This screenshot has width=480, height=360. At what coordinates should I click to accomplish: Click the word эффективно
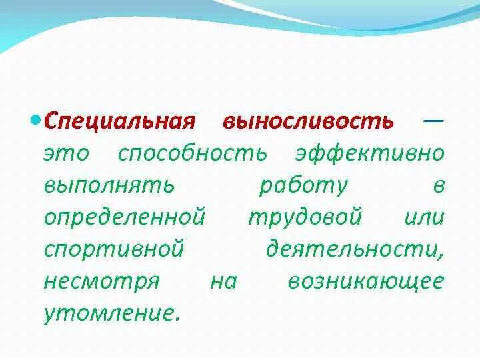point(369,154)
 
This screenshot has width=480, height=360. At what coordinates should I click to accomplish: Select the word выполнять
point(109,186)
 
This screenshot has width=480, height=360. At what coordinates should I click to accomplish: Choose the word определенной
point(123,217)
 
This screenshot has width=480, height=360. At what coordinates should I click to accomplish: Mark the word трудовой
point(305,217)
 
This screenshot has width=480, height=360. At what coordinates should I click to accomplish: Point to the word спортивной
point(113,249)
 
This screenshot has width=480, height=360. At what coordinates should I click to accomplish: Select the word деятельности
point(354,250)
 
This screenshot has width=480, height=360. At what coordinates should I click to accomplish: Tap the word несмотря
point(101,281)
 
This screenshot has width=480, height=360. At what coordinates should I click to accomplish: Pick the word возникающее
point(365,281)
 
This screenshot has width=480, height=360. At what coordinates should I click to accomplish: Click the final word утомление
point(109,313)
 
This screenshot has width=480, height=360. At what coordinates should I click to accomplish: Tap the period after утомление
point(177,318)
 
